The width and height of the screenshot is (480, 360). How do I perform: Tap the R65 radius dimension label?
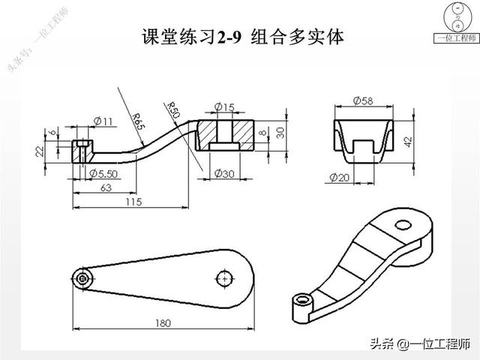(138, 121)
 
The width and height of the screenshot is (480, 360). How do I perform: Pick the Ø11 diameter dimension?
(103, 120)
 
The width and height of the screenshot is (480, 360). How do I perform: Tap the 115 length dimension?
(133, 202)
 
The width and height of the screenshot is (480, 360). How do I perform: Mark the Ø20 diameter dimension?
(340, 177)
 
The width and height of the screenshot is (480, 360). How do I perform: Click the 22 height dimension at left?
(39, 150)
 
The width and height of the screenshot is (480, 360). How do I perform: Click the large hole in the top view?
(223, 278)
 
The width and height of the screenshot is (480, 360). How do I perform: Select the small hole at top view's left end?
(82, 278)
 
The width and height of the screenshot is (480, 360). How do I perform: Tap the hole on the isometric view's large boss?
(403, 223)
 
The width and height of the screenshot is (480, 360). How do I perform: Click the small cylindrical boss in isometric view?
(302, 301)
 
